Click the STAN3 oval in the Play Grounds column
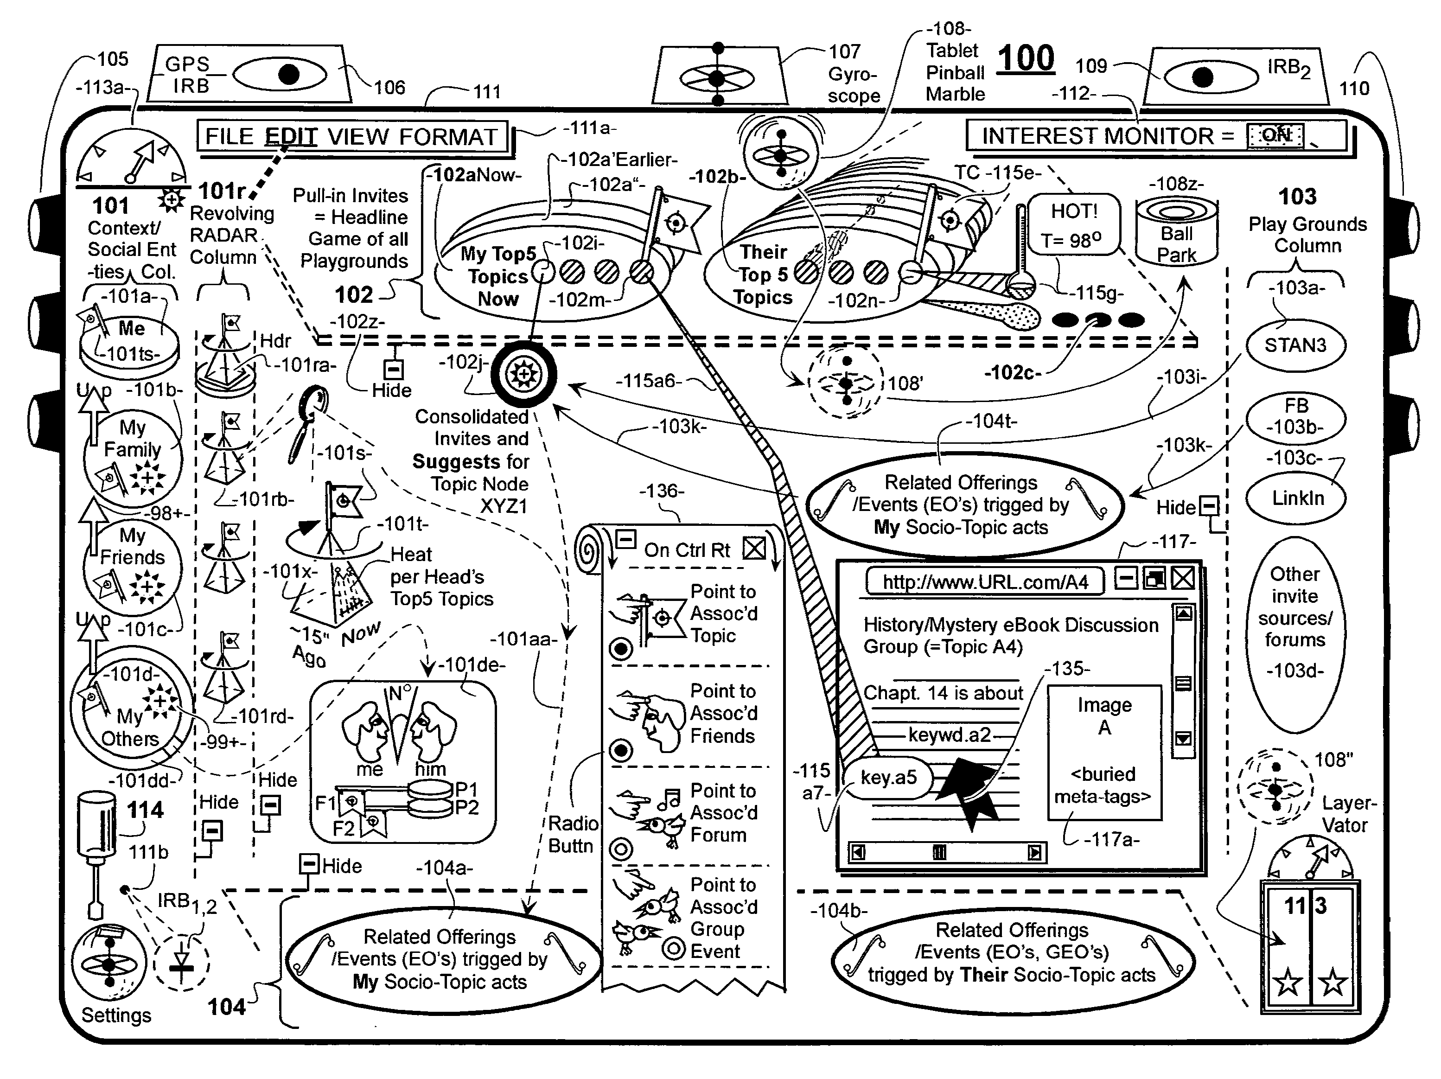tap(1295, 345)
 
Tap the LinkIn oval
tap(1297, 498)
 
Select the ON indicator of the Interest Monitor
tap(1275, 135)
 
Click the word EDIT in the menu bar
tap(291, 137)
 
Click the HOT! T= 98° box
tap(1074, 225)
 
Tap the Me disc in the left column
tap(130, 339)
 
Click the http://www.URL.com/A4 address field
tap(985, 582)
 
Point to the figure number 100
tap(1026, 58)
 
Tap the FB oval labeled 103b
tap(1296, 416)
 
